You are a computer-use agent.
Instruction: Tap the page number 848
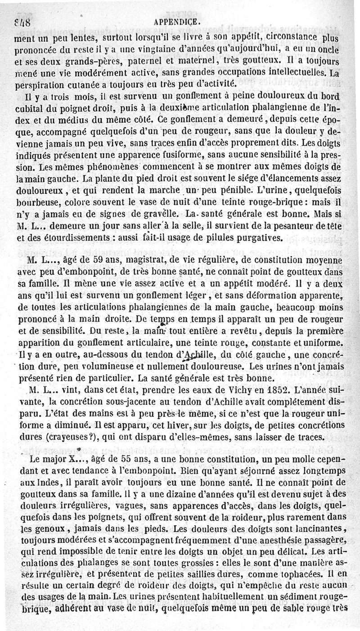click(x=18, y=21)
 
